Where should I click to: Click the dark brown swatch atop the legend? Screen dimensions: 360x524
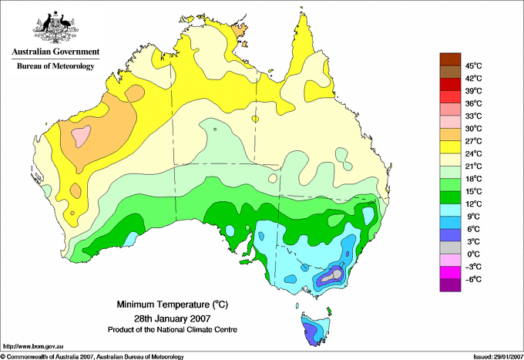[449, 59]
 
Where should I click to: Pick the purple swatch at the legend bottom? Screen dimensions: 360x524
[449, 285]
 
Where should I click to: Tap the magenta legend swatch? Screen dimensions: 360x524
[449, 272]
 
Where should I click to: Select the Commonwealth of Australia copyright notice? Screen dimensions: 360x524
[92, 356]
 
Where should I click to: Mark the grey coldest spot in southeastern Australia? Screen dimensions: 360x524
[336, 272]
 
